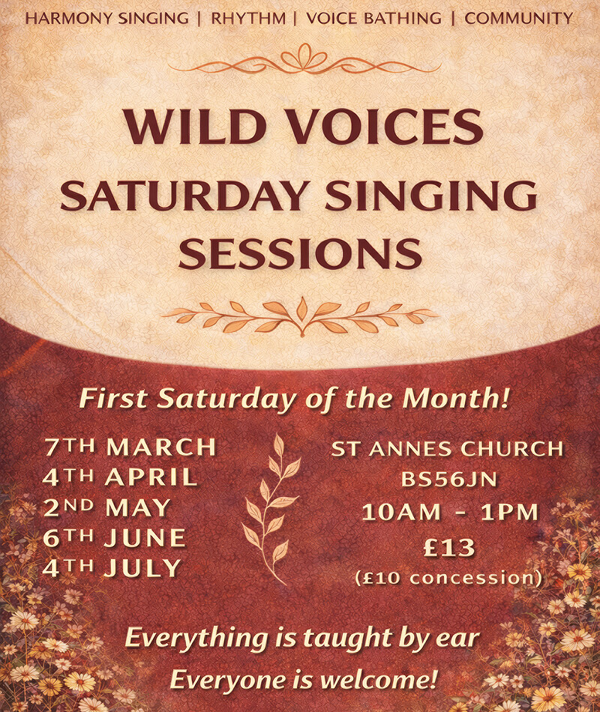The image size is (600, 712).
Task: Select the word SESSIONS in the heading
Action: [x=300, y=253]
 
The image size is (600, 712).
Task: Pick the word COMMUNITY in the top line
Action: [x=518, y=17]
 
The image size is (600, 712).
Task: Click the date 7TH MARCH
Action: [x=130, y=447]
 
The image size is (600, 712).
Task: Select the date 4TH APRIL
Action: [x=120, y=477]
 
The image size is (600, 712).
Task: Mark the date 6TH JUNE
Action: [x=115, y=537]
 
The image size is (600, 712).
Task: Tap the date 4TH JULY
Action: [x=112, y=567]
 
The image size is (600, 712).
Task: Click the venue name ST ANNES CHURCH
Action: [x=447, y=450]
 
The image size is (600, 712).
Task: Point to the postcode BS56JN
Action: [x=447, y=480]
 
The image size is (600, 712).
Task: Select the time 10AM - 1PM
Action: [x=450, y=513]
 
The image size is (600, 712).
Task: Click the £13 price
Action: [x=448, y=548]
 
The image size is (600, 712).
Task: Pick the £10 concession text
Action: [x=448, y=578]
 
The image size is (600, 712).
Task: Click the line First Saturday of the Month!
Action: [x=295, y=399]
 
